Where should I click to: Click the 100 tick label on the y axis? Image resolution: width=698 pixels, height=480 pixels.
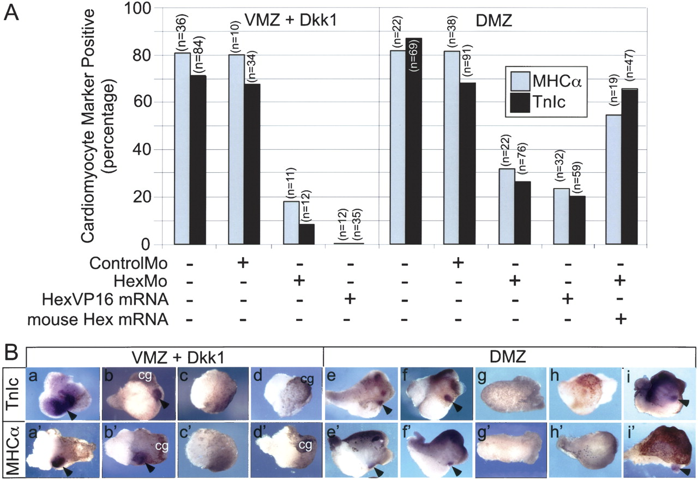point(137,8)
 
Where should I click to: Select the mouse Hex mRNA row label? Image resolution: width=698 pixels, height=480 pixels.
point(119,321)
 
